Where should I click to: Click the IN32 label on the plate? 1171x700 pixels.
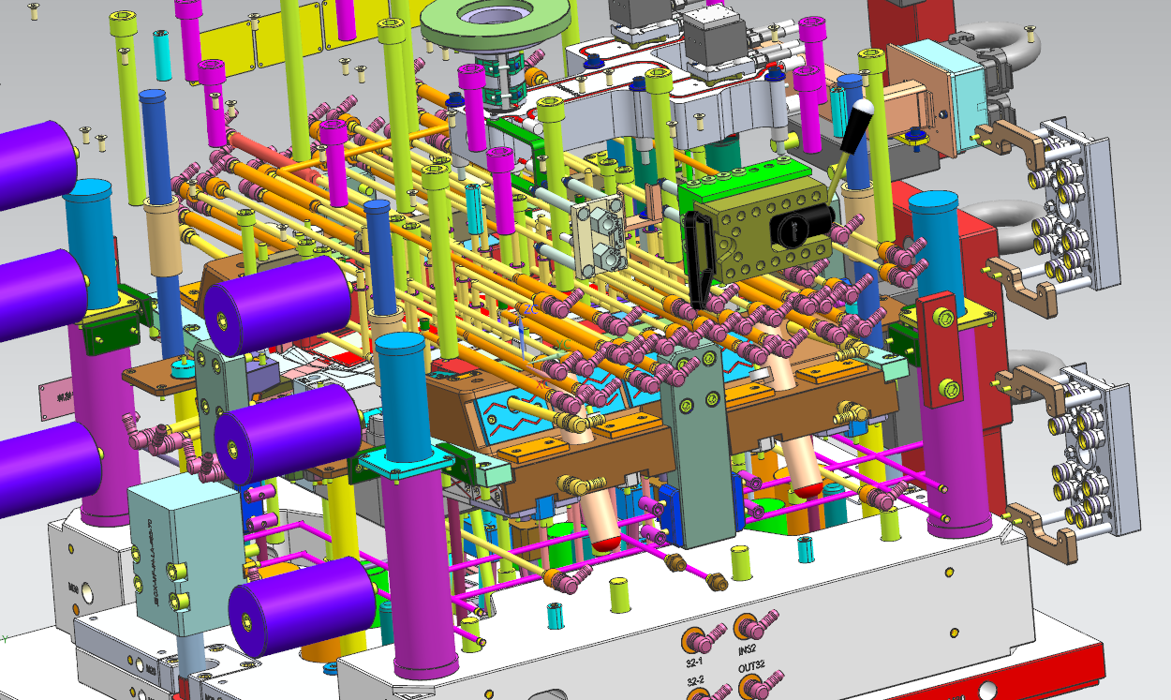tap(747, 649)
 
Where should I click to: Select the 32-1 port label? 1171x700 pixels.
tap(694, 662)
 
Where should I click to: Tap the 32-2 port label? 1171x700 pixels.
tap(695, 680)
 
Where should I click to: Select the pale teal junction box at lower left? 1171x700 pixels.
tap(173, 559)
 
